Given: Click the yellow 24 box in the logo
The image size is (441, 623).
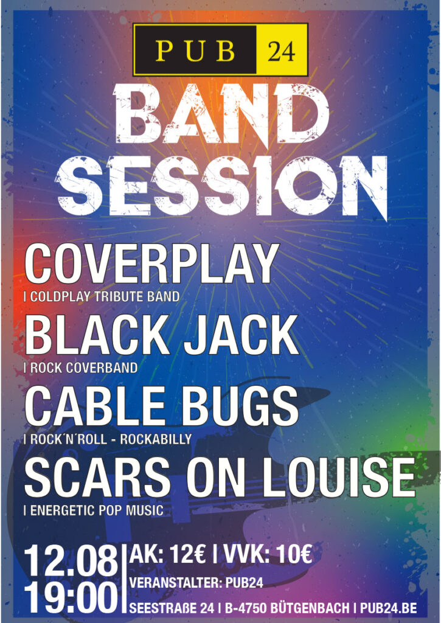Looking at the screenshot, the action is tap(282, 50).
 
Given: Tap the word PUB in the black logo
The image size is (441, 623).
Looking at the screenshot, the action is tap(195, 50).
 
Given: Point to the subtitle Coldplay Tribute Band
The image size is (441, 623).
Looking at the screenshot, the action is tap(102, 297).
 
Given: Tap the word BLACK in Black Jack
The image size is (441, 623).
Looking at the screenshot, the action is tap(97, 335).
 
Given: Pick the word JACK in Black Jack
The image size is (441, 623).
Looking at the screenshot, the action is tap(241, 335).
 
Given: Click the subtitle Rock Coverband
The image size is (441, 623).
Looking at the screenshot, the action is tap(81, 368).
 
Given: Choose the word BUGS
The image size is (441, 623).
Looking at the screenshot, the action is tap(241, 406).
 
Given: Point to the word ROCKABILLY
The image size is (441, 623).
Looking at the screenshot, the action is tap(156, 439).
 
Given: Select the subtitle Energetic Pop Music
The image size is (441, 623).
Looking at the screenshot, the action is tap(94, 510).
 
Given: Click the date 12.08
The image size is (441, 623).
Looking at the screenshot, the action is tap(71, 561).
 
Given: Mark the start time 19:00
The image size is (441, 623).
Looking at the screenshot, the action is tap(71, 597).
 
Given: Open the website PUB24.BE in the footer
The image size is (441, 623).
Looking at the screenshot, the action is tap(388, 608).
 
